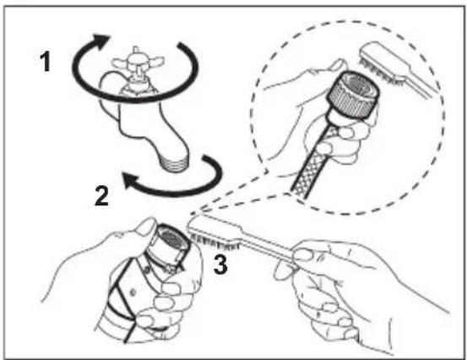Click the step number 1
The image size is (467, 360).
(x=46, y=62)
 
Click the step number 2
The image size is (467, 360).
(x=101, y=195)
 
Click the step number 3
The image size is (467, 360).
(x=220, y=265)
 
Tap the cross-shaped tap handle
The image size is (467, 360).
(x=138, y=62)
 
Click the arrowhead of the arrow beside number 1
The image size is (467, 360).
(x=100, y=41)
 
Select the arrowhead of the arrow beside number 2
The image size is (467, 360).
(x=130, y=180)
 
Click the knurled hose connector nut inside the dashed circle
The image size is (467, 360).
(x=353, y=95)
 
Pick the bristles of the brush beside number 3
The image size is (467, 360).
(x=215, y=242)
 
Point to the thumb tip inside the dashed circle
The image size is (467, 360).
(x=339, y=64)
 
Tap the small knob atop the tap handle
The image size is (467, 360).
(x=135, y=50)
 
